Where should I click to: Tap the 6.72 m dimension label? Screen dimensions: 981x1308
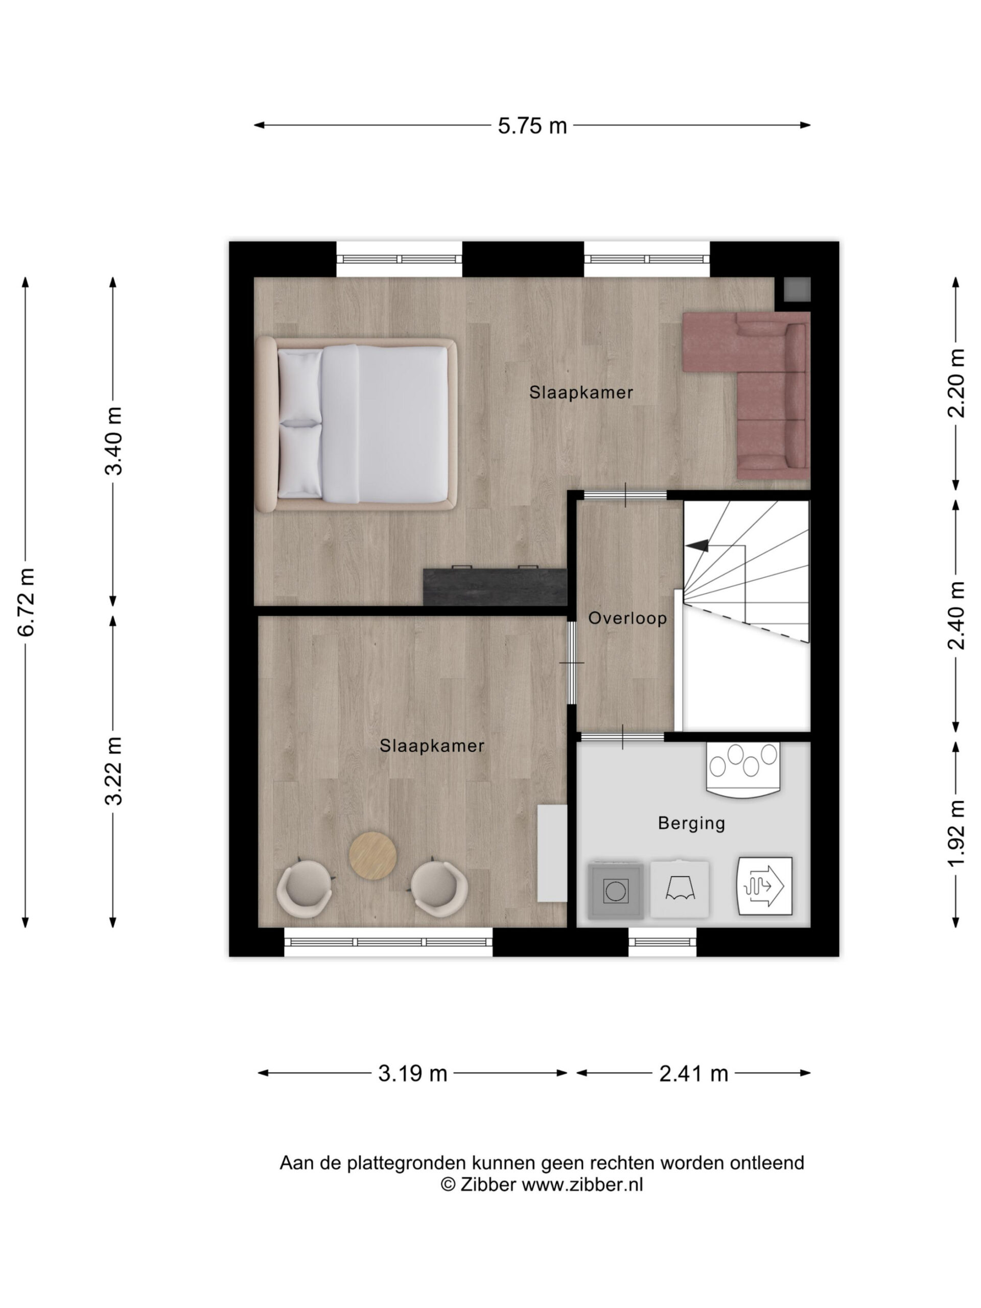click(27, 602)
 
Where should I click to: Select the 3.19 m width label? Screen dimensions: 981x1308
click(412, 1073)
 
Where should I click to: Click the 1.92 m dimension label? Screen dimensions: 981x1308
click(956, 834)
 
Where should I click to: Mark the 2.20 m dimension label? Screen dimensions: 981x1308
click(956, 383)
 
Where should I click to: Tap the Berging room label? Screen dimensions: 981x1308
click(691, 824)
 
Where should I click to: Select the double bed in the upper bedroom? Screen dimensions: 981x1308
click(356, 424)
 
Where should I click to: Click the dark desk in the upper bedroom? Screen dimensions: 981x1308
click(495, 586)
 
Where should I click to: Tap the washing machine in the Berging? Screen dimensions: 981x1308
click(616, 891)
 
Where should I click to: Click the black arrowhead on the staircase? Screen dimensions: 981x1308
click(698, 545)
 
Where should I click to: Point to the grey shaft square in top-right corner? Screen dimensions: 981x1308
click(797, 289)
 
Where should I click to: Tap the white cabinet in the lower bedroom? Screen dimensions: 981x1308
click(552, 853)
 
